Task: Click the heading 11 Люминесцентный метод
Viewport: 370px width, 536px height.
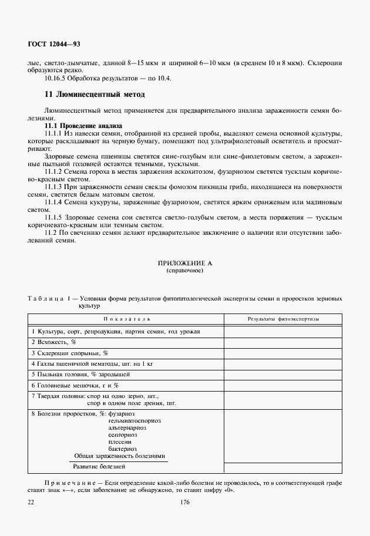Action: [95, 94]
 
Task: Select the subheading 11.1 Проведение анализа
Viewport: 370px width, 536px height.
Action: [83, 126]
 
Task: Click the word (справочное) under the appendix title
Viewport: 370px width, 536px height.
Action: [185, 271]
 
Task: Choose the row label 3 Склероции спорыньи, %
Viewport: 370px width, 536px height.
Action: [70, 353]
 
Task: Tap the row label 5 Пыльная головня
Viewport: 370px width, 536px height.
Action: [80, 374]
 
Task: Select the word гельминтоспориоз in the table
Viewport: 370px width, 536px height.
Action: [134, 420]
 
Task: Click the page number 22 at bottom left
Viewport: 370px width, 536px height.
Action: [31, 502]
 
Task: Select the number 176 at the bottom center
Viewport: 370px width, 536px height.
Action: [185, 502]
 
